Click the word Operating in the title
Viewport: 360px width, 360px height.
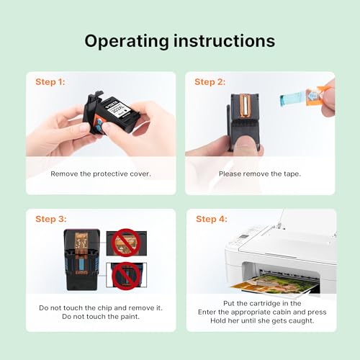[127, 42]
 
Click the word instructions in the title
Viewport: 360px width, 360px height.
[225, 40]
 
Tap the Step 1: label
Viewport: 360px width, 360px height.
[50, 82]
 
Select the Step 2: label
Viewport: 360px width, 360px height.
[210, 82]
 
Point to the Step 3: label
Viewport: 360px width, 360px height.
[51, 219]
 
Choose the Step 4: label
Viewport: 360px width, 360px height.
[212, 219]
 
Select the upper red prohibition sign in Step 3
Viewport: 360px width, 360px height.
[126, 243]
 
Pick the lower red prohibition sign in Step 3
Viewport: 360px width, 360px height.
[126, 276]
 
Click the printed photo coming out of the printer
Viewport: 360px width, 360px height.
[275, 284]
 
